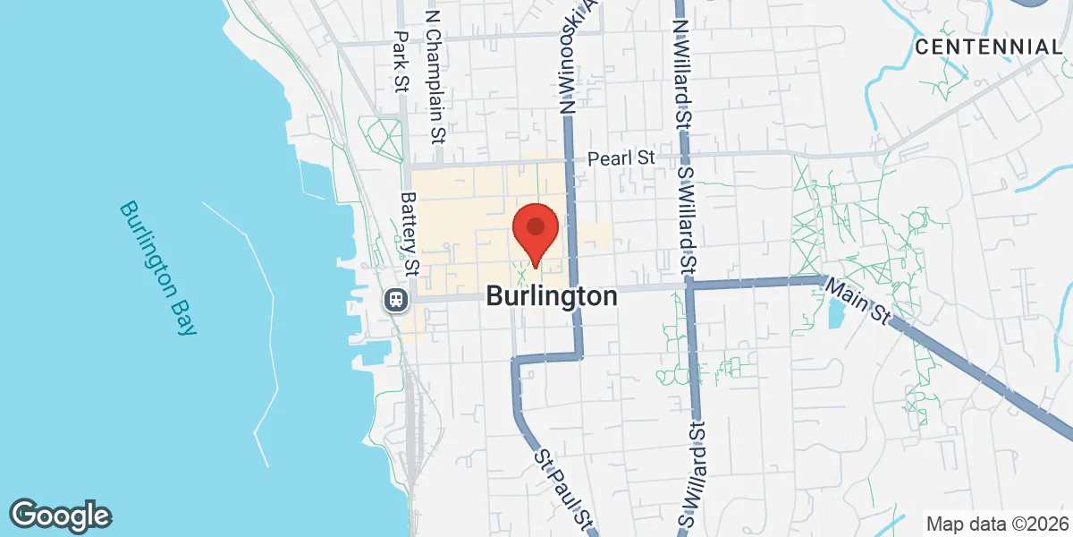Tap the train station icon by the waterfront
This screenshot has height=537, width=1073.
click(395, 299)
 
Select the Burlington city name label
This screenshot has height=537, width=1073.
click(552, 296)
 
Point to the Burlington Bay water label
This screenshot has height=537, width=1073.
click(156, 268)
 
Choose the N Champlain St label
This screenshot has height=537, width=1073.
click(435, 77)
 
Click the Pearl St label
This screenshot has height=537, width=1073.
click(621, 158)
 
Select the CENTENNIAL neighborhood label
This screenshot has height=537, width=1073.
click(987, 47)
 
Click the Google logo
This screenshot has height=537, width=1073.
click(60, 515)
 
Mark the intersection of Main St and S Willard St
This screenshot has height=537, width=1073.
click(689, 286)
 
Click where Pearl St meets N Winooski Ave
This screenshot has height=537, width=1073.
click(569, 163)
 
